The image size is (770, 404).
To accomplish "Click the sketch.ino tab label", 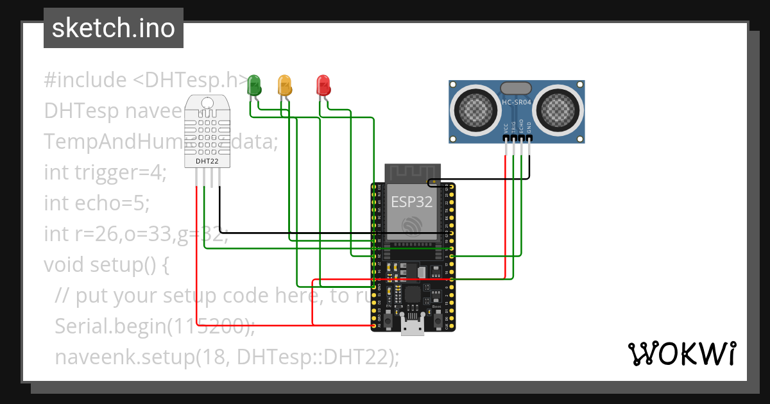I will point(113,28).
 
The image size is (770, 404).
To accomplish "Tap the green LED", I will point(254,85).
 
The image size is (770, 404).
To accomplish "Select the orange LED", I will point(284,85).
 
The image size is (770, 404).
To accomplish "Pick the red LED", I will point(323,85).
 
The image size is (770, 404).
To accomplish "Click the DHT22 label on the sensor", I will point(207,162).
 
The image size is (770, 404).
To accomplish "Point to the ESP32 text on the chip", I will point(411,202).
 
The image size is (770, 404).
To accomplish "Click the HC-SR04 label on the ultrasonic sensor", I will point(515,103).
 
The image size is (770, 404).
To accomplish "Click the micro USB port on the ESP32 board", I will point(411,327).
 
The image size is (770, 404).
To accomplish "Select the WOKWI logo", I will point(681,353).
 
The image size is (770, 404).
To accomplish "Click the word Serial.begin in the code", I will point(110,326).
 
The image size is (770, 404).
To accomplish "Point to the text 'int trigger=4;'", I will point(105,173).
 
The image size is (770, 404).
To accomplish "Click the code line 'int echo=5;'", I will point(96,203).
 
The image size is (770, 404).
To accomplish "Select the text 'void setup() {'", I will point(106,264).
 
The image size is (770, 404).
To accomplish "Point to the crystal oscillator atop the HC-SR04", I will point(515,88).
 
